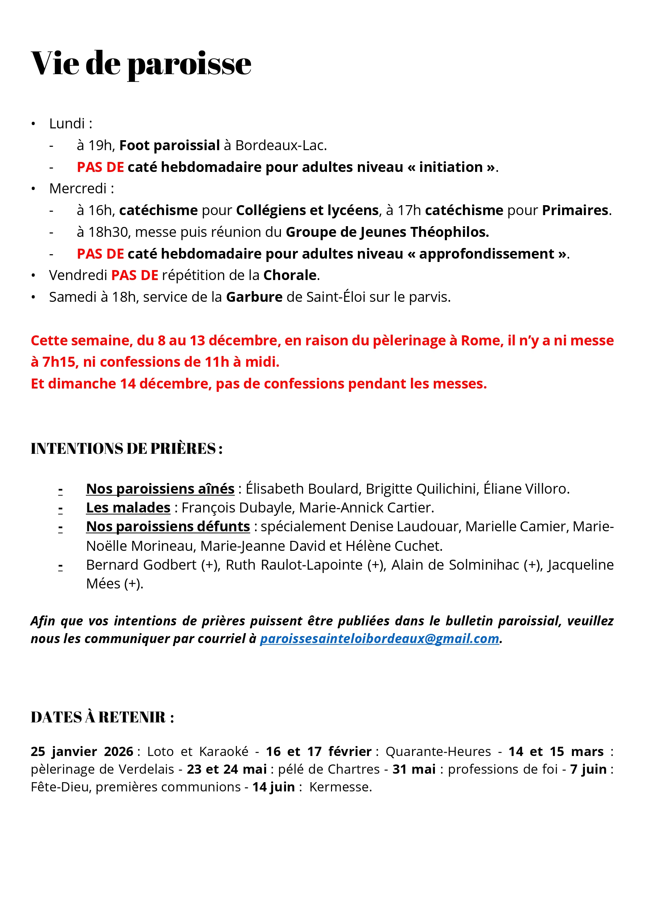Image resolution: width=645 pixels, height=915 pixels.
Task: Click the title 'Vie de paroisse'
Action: (x=141, y=64)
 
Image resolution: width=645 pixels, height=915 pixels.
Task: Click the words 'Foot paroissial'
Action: (x=169, y=146)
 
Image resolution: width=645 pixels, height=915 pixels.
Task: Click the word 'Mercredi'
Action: (x=78, y=189)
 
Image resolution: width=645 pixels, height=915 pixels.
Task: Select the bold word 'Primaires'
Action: (x=575, y=210)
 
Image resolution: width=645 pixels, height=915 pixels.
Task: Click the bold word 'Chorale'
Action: (x=290, y=275)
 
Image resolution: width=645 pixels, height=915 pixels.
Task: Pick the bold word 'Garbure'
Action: (x=254, y=297)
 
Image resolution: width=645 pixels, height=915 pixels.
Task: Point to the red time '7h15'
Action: (x=59, y=362)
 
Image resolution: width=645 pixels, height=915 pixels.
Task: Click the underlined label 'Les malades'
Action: (x=128, y=508)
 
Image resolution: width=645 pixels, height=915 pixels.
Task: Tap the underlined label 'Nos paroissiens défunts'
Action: (x=168, y=527)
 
